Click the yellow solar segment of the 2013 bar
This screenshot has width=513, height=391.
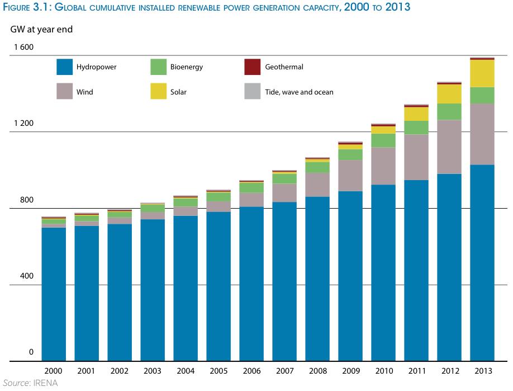[482, 73]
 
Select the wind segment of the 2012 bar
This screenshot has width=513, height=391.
[449, 147]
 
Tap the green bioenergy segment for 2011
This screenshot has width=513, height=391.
[416, 128]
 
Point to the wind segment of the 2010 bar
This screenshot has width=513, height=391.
[383, 166]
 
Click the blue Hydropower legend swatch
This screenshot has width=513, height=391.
[65, 67]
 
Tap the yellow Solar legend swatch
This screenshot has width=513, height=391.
[159, 92]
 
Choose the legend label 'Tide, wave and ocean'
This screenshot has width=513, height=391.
[299, 92]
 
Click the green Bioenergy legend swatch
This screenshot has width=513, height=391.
[159, 67]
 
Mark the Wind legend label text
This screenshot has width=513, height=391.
[85, 92]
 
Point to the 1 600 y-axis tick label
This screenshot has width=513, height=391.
[24, 47]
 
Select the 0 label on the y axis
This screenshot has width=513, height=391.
[31, 352]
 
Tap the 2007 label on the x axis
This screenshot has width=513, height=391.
[284, 371]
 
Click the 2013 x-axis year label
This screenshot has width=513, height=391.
[482, 371]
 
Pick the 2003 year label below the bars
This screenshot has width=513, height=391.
[153, 371]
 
